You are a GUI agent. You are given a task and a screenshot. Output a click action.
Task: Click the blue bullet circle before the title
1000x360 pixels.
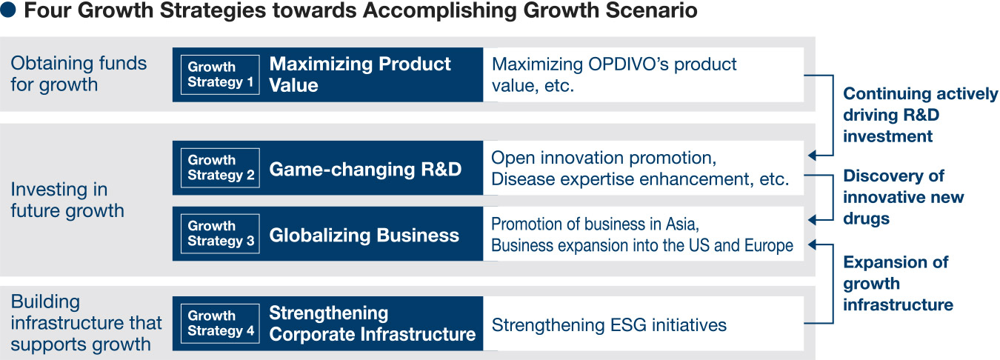pos(8,10)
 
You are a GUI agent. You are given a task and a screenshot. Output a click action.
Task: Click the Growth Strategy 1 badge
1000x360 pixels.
pos(220,75)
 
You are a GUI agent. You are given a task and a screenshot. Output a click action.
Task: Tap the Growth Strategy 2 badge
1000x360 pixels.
pos(220,168)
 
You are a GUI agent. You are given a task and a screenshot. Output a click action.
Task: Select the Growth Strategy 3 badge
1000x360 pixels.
pos(220,233)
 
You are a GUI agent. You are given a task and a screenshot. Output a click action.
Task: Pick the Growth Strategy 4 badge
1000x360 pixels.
pos(220,324)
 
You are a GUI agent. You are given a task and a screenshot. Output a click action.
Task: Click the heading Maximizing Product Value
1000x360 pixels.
pos(360,75)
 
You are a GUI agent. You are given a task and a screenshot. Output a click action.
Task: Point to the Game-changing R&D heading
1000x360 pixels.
pos(365,170)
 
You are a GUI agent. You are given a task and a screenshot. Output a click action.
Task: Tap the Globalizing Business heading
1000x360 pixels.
pos(364,235)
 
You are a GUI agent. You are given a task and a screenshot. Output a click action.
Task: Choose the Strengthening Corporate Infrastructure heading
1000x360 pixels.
pos(373,324)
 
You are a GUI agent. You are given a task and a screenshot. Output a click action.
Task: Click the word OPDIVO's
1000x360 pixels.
pos(628,64)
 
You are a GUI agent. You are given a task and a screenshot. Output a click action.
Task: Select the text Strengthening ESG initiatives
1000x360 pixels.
pos(609,325)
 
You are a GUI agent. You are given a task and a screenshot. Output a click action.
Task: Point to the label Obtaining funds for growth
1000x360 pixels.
pos(79,74)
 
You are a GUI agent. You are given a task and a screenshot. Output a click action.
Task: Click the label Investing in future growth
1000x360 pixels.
pos(67,200)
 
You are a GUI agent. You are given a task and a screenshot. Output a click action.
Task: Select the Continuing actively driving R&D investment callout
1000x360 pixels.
pos(921,115)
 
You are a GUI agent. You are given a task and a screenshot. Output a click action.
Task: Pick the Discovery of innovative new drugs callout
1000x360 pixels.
pos(904,197)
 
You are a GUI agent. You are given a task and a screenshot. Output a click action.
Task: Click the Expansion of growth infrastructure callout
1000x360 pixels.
pos(899,283)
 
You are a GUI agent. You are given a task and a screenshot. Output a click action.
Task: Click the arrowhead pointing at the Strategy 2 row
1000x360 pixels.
pos(813,156)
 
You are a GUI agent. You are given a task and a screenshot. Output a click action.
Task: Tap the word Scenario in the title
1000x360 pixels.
pos(651,10)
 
